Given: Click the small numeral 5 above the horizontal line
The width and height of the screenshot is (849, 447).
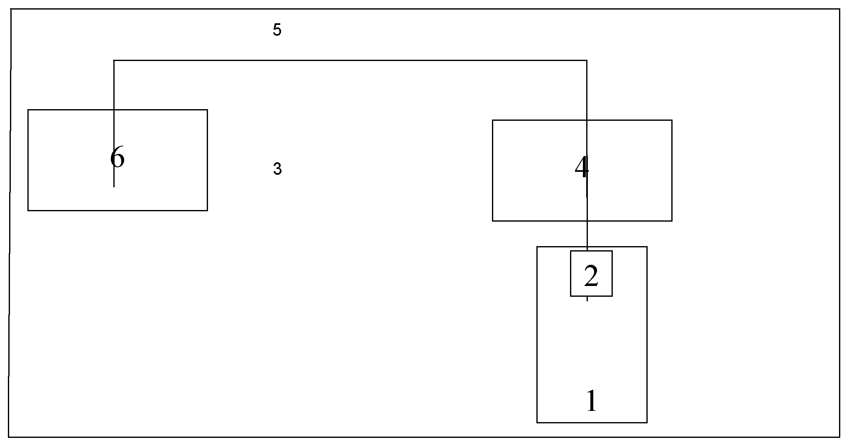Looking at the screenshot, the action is click(x=277, y=30).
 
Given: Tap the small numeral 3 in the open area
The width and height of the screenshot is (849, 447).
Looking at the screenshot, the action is click(x=277, y=169).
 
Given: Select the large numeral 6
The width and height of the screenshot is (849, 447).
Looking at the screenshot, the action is click(x=117, y=158).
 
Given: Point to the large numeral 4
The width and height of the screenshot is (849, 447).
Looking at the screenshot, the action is click(x=582, y=168).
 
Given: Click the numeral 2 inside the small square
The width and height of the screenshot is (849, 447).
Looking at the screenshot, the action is click(x=591, y=276).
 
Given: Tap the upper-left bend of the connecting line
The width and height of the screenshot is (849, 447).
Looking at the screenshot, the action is click(x=114, y=61).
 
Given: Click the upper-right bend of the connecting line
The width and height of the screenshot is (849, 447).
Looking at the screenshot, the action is click(x=586, y=61).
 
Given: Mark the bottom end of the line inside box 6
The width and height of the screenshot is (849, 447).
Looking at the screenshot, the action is click(x=114, y=187).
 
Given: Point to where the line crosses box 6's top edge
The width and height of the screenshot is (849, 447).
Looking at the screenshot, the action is click(x=114, y=110).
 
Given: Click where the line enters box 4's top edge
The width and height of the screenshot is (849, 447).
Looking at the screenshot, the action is click(x=587, y=120).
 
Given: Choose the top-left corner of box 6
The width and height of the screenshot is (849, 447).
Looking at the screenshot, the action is click(x=28, y=110).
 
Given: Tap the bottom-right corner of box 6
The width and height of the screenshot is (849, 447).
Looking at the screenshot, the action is click(x=207, y=210).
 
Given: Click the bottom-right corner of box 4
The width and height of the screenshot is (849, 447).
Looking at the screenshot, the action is click(x=672, y=221).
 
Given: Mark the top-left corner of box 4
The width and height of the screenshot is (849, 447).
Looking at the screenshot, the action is click(x=493, y=120).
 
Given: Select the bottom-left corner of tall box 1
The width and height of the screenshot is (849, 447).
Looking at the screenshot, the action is click(x=537, y=423).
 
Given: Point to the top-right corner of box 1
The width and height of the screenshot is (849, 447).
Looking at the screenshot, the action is click(x=647, y=247).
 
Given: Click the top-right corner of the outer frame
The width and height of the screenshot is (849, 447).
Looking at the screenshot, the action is click(x=839, y=9).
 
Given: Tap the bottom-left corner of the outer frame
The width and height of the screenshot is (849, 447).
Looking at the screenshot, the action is click(x=9, y=437).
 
